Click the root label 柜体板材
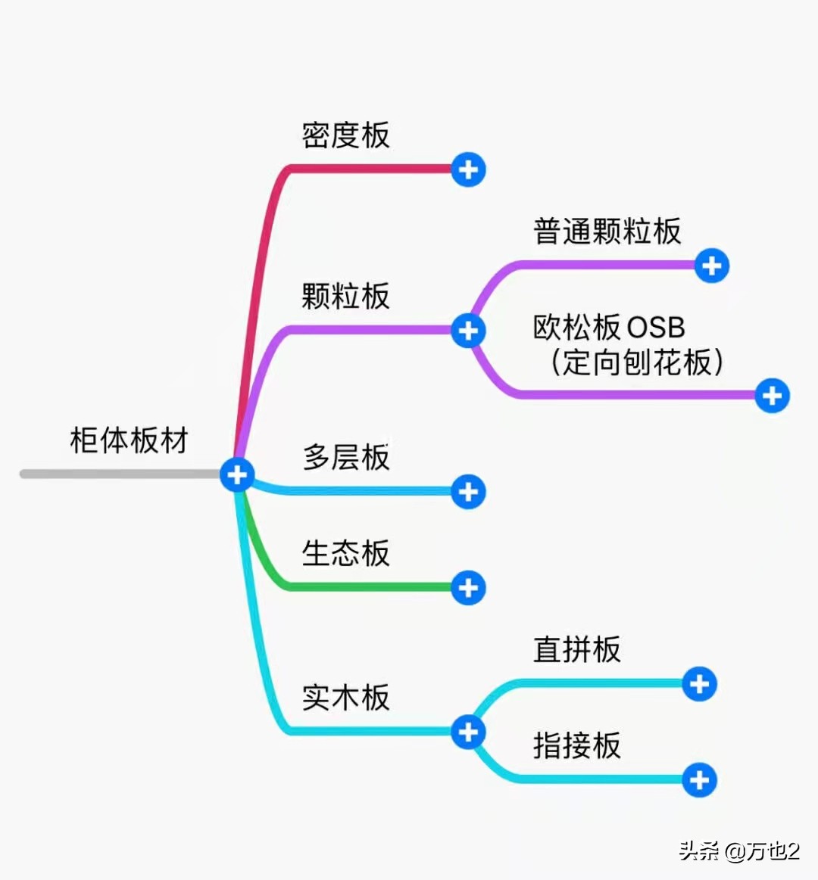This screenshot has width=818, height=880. [x=129, y=440]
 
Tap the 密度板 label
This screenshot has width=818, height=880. [x=345, y=135]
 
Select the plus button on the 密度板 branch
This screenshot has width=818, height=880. [x=468, y=169]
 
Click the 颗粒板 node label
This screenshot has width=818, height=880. [x=345, y=296]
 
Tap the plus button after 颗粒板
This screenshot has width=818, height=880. [x=468, y=331]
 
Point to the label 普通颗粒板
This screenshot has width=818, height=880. [x=607, y=232]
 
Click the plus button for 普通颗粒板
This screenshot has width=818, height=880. [x=711, y=266]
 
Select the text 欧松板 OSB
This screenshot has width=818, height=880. [x=609, y=328]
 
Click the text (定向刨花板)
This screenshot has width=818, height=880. [x=636, y=362]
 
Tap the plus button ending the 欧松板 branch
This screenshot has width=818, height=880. [x=772, y=395]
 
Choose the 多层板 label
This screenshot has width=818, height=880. [x=345, y=457]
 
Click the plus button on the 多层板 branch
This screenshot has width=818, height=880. [x=468, y=492]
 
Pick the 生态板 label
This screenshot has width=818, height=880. [x=345, y=553]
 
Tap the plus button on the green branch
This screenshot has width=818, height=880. [x=468, y=587]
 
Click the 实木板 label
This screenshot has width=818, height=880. [x=345, y=697]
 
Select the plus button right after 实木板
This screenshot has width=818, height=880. [x=468, y=732]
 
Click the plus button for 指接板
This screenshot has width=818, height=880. [x=699, y=780]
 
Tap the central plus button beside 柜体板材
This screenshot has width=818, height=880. [x=237, y=474]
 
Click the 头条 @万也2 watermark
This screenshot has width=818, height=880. [x=739, y=851]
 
